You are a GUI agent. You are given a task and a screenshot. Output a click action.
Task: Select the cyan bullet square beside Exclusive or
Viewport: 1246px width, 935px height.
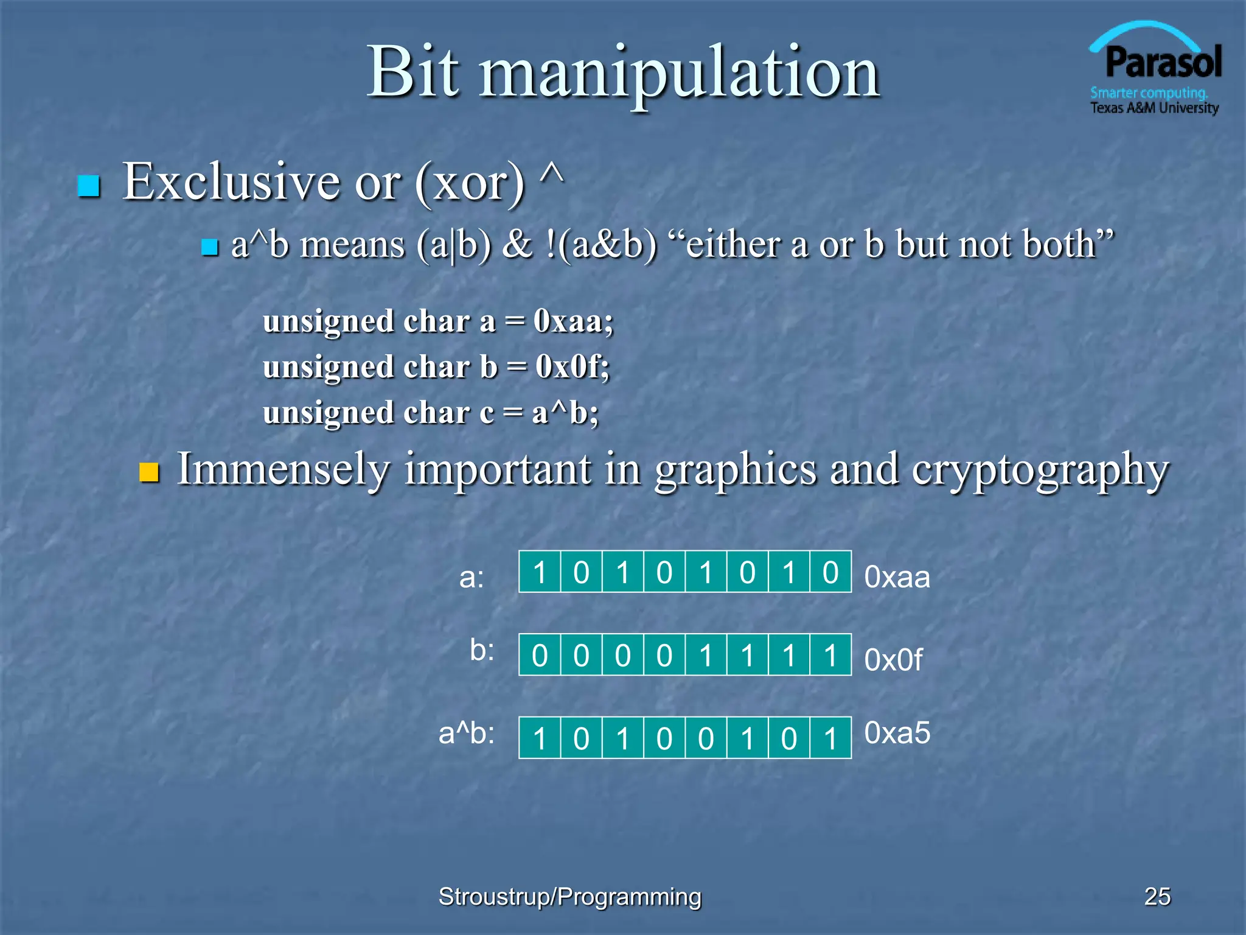click(x=89, y=186)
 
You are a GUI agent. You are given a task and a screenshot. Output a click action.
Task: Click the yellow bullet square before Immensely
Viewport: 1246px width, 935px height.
click(x=149, y=472)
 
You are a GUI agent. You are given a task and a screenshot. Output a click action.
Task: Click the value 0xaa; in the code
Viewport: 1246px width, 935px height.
click(x=573, y=321)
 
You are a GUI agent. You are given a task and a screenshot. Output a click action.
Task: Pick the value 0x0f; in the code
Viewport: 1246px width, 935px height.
click(x=572, y=366)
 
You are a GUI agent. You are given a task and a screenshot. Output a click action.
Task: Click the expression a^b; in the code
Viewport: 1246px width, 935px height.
click(x=565, y=413)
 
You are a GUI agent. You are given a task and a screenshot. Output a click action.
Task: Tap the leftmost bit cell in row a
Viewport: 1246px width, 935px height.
click(x=540, y=572)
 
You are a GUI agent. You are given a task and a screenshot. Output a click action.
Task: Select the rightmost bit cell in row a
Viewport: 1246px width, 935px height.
click(x=830, y=572)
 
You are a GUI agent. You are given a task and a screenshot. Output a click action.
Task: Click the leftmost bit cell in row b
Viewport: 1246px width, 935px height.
click(x=540, y=656)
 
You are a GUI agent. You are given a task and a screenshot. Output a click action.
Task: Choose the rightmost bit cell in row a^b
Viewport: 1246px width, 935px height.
click(x=830, y=738)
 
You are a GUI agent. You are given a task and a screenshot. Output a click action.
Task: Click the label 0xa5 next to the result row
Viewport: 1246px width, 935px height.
click(x=897, y=733)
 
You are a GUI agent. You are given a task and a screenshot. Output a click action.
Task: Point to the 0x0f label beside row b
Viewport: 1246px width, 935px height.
click(x=893, y=660)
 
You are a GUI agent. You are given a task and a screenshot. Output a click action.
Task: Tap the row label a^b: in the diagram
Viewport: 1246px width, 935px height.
click(x=467, y=734)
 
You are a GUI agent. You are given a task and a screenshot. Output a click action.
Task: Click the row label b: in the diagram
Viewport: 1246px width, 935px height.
click(x=482, y=651)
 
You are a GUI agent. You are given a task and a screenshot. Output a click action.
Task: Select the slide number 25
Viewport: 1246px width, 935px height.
click(x=1157, y=896)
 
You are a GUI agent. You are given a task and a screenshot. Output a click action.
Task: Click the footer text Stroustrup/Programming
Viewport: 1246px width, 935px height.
click(x=569, y=897)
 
